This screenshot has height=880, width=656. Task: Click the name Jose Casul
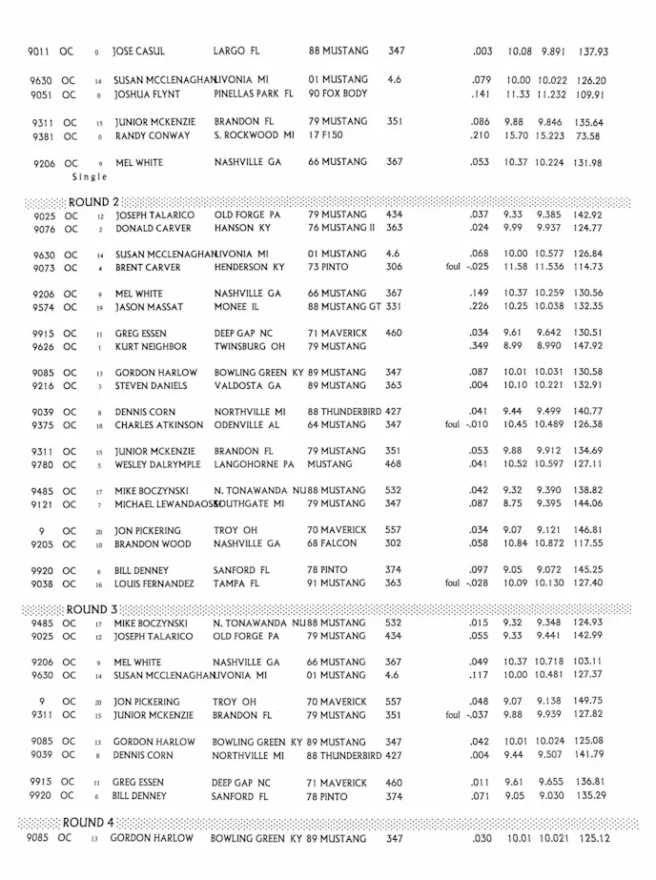click(x=139, y=51)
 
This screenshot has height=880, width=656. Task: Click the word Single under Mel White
click(x=91, y=176)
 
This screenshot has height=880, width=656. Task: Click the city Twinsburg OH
click(x=247, y=347)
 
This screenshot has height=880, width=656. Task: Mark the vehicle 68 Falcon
click(x=332, y=543)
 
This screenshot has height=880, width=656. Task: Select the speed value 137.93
click(x=593, y=51)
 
